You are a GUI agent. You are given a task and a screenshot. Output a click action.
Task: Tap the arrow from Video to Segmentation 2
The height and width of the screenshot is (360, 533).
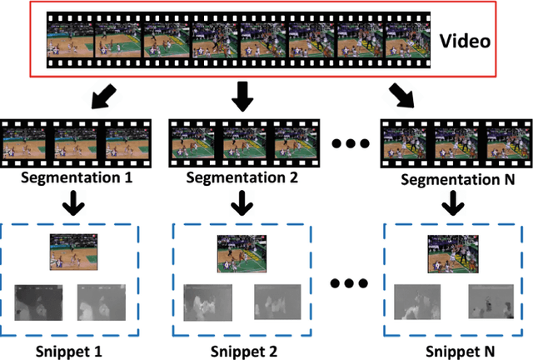242,96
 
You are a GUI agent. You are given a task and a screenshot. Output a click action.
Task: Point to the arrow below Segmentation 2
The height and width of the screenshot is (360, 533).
242,202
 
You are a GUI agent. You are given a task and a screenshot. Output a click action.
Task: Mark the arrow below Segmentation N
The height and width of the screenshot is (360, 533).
452,202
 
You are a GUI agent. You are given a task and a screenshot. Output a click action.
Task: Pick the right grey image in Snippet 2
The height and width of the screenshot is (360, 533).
277,304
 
